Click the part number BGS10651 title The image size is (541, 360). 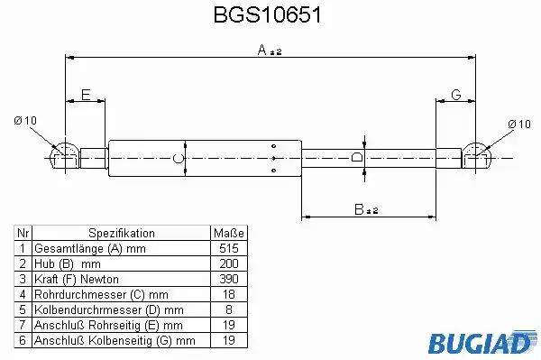pyautogui.click(x=268, y=14)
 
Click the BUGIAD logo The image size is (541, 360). pyautogui.click(x=482, y=342)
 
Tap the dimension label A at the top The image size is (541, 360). pyautogui.click(x=262, y=50)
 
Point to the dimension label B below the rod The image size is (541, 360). pyautogui.click(x=359, y=209)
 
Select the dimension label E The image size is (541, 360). pyautogui.click(x=86, y=95)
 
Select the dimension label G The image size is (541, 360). pyautogui.click(x=456, y=94)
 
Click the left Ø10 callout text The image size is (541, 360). pyautogui.click(x=25, y=121)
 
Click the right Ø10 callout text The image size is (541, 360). pyautogui.click(x=519, y=124)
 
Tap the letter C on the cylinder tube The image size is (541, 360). pyautogui.click(x=178, y=159)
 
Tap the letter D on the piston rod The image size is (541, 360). pyautogui.click(x=357, y=157)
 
